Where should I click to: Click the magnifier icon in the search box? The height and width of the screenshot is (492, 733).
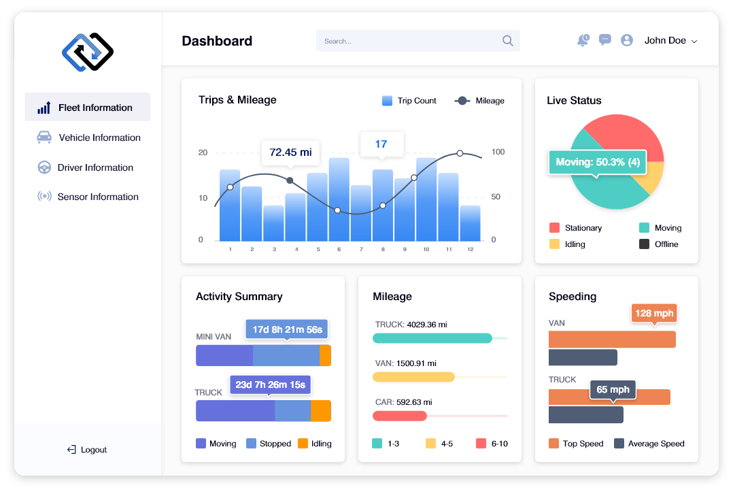pyautogui.click(x=507, y=41)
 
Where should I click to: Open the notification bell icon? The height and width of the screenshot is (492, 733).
pyautogui.click(x=583, y=40)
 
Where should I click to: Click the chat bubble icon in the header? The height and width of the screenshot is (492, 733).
pyautogui.click(x=604, y=40)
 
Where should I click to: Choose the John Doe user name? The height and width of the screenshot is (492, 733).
pyautogui.click(x=665, y=41)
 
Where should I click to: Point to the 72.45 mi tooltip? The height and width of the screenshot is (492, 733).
pyautogui.click(x=290, y=152)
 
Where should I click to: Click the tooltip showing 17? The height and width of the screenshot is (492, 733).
pyautogui.click(x=381, y=144)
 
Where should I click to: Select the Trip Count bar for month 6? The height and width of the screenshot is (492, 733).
pyautogui.click(x=339, y=199)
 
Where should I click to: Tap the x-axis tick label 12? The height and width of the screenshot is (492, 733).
pyautogui.click(x=470, y=250)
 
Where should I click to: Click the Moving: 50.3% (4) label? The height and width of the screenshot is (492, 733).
pyautogui.click(x=597, y=163)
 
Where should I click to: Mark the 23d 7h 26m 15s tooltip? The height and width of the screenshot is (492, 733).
pyautogui.click(x=270, y=384)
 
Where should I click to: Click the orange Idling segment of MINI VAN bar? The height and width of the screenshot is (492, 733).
pyautogui.click(x=325, y=355)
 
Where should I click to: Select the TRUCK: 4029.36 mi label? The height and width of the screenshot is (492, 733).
pyautogui.click(x=411, y=325)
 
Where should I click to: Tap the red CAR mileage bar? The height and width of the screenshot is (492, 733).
pyautogui.click(x=400, y=416)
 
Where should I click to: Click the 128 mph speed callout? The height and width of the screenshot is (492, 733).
pyautogui.click(x=653, y=314)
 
